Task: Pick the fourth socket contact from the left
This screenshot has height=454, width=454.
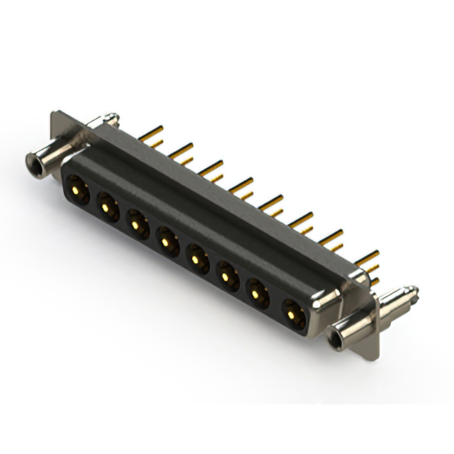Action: (x=166, y=241)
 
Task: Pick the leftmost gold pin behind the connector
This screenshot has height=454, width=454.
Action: (x=149, y=133)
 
